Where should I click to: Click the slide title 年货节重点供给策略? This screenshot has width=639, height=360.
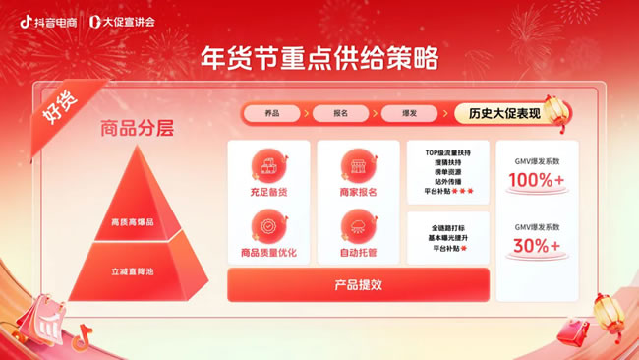click(x=319, y=57)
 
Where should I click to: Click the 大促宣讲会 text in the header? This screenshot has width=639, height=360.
click(x=129, y=20)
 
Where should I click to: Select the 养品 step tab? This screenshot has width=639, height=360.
click(x=270, y=114)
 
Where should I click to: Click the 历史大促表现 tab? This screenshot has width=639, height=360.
click(x=504, y=113)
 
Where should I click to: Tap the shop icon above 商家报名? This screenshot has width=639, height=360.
click(x=358, y=165)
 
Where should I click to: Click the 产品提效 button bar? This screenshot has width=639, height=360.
click(x=358, y=284)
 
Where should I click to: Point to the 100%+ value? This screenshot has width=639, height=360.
click(x=537, y=181)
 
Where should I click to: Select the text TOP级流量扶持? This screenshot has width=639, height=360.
click(x=448, y=152)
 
